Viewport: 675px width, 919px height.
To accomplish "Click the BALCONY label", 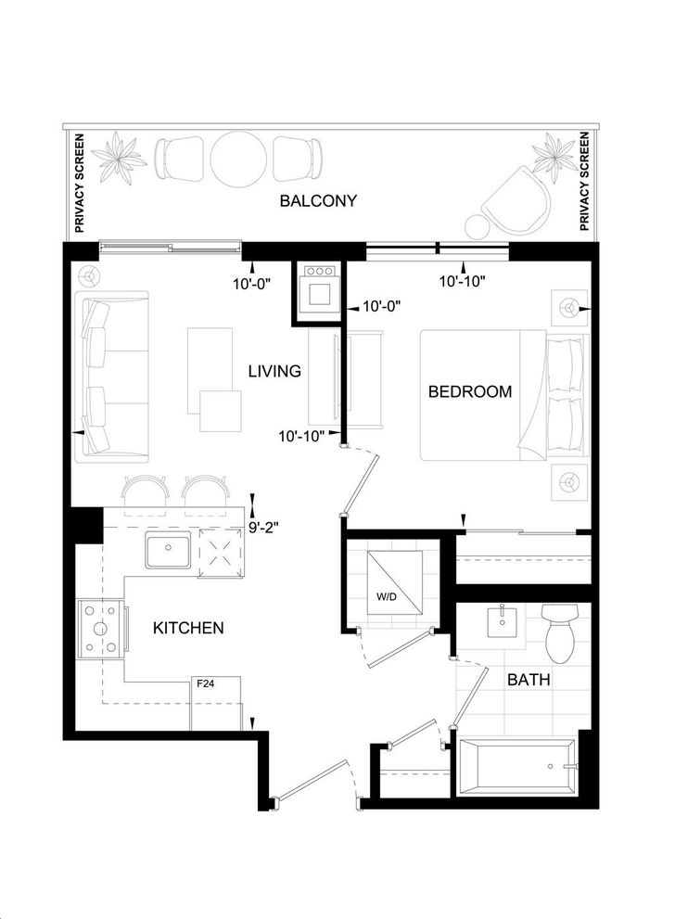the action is coord(318,200).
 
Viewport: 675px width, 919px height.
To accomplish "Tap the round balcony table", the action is coord(238,158).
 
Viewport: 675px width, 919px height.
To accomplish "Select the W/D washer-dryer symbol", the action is coord(394,582).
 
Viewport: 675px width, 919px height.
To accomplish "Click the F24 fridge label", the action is coord(205,683).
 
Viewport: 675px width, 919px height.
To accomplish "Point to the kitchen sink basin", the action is coord(168,550).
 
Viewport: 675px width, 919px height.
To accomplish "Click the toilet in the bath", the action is coord(560,633).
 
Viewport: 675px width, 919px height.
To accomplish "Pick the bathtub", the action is coord(517,767).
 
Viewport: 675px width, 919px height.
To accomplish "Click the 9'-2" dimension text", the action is coord(263,528).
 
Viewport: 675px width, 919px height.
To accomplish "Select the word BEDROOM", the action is coord(470,391).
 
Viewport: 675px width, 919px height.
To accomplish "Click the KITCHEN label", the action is coord(188,628).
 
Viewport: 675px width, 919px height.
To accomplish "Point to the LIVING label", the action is coord(274,371).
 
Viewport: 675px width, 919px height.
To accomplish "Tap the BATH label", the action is coord(529,680).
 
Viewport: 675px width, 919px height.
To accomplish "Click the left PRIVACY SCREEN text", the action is coord(80,183).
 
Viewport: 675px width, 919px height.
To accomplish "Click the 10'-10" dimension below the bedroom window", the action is coord(463,282).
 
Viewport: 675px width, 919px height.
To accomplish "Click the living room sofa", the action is coord(111,377).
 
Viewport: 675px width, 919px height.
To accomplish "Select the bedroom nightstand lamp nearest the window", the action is coord(569,307).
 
